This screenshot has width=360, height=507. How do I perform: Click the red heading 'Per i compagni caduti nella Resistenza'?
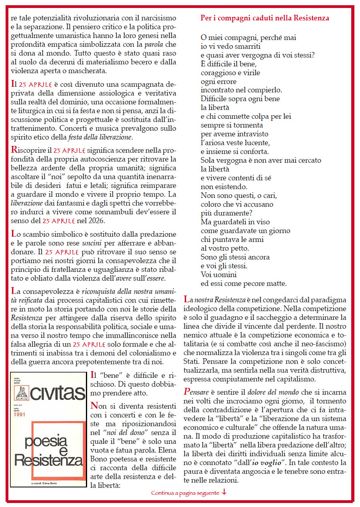click(x=265, y=18)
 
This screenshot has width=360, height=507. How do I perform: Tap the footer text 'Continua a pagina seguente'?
click(x=185, y=493)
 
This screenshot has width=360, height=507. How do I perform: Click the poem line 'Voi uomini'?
click(x=218, y=275)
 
